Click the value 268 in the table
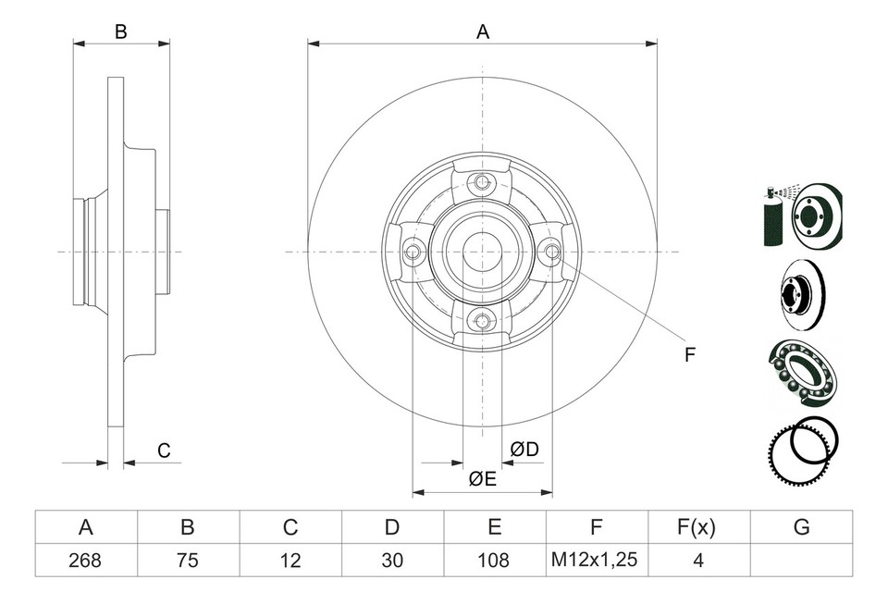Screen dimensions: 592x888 click(x=86, y=559)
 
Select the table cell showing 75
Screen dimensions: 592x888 click(x=188, y=559)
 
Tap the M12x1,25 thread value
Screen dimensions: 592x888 click(x=597, y=559)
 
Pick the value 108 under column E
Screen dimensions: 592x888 click(x=495, y=559)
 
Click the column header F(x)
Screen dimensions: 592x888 click(x=698, y=527)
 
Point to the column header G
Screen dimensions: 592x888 click(x=801, y=527)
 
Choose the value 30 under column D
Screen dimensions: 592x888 click(x=392, y=559)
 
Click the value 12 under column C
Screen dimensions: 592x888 click(x=290, y=559)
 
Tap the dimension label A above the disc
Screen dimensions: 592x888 click(x=482, y=32)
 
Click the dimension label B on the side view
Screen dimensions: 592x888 click(x=120, y=32)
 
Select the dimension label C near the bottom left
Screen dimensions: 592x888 click(x=164, y=450)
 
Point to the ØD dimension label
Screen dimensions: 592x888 click(x=524, y=450)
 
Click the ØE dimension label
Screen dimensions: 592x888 click(x=482, y=478)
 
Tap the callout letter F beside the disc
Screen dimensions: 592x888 click(x=689, y=354)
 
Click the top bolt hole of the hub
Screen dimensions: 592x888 click(x=481, y=182)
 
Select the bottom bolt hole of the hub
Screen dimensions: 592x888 click(x=481, y=321)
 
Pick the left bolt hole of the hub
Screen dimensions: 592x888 click(x=413, y=252)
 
